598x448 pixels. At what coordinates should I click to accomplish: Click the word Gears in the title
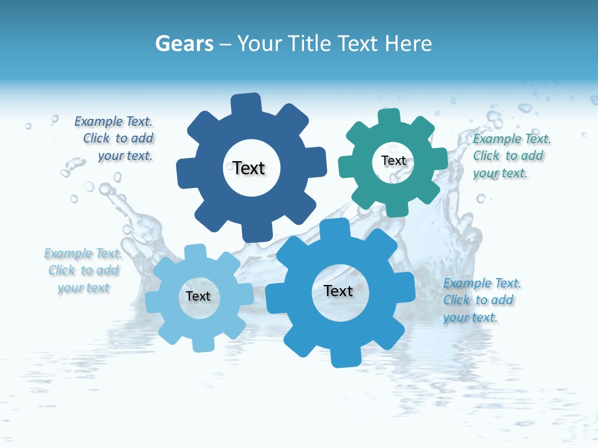tap(184, 44)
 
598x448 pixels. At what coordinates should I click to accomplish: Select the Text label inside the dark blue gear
tap(249, 168)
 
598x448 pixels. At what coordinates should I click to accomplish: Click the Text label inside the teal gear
tap(393, 161)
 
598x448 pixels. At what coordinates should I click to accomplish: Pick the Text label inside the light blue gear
tap(198, 296)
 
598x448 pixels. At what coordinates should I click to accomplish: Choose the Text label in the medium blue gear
tap(338, 291)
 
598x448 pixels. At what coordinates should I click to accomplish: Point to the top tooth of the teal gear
tap(389, 118)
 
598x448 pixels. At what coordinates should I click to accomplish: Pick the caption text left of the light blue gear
tap(83, 271)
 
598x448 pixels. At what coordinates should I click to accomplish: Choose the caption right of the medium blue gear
tap(481, 301)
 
